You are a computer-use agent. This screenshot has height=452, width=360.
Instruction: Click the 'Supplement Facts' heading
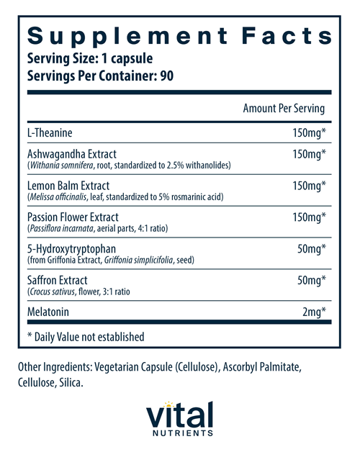pyautogui.click(x=179, y=37)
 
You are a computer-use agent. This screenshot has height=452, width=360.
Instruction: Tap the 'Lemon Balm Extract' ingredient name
pyautogui.click(x=68, y=186)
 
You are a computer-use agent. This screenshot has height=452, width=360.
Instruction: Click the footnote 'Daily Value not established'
pyautogui.click(x=89, y=336)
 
